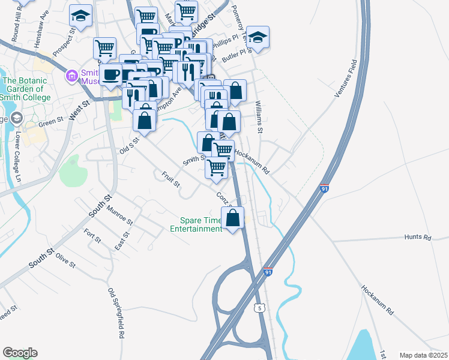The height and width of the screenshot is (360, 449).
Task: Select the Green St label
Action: tap(51, 122)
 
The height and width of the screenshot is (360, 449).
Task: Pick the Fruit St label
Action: tap(170, 179)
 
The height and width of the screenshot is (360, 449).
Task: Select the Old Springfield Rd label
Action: tap(116, 314)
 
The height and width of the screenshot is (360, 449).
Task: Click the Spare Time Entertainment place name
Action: tap(196, 224)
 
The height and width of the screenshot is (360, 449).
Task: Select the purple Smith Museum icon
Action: tap(71, 76)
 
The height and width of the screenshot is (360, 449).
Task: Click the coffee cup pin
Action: tap(110, 74)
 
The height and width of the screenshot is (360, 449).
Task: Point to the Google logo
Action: tap(20, 353)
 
